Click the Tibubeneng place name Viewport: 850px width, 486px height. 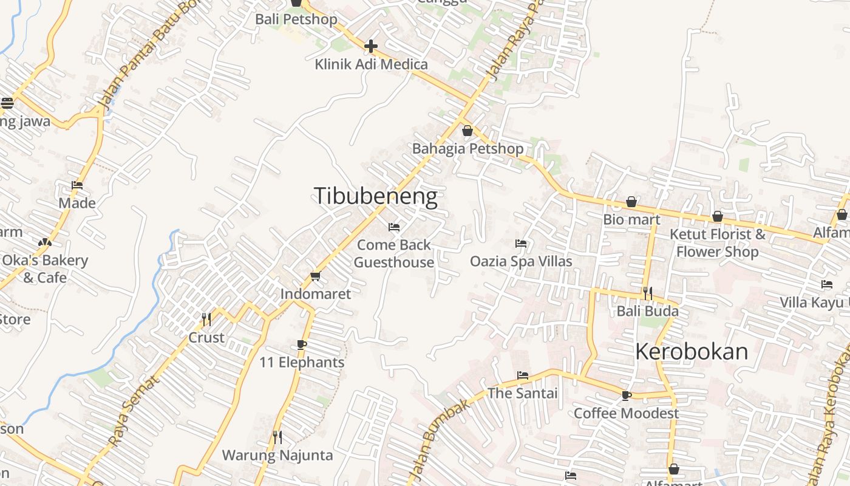tap(375, 196)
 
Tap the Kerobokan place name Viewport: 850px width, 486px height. tap(692, 352)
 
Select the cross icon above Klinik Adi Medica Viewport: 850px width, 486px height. tap(370, 46)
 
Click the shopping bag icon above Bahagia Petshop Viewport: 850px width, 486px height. tap(467, 131)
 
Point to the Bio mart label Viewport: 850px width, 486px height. tap(631, 219)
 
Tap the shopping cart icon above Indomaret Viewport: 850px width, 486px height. tap(315, 276)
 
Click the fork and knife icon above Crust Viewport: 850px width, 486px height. tap(206, 320)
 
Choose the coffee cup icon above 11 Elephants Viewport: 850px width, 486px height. tap(302, 345)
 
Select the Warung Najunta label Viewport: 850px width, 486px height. tap(277, 455)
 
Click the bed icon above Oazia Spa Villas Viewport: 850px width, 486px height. tap(521, 244)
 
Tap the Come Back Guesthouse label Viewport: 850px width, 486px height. tap(394, 254)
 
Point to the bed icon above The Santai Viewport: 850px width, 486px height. tap(523, 375)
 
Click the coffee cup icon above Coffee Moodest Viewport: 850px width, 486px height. tap(627, 395)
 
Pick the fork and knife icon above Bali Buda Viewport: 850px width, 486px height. tap(648, 293)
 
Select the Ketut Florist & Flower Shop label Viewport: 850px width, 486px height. tap(718, 242)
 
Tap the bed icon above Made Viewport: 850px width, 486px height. tap(77, 185)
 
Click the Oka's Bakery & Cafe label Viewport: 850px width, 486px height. tap(44, 269)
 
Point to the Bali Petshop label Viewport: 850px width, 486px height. tap(296, 19)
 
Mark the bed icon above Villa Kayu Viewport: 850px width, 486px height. tap(827, 284)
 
